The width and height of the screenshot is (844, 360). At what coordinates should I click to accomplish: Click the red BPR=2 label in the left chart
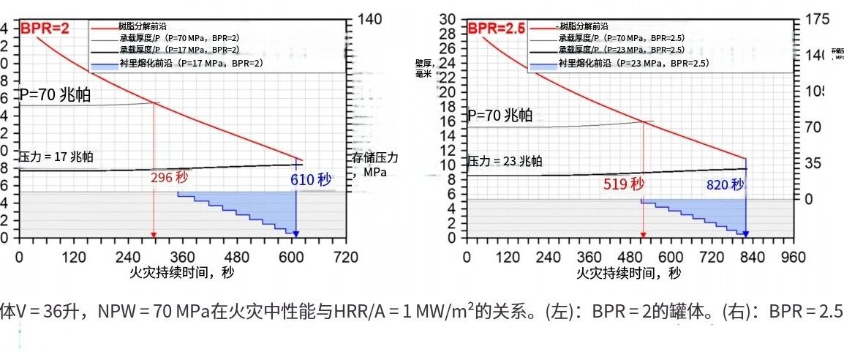(45, 29)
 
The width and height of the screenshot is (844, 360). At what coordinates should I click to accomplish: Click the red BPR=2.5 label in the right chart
(497, 29)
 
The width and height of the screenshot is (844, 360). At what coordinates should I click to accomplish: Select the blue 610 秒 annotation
(311, 180)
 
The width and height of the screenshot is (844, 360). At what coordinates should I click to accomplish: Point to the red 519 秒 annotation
(624, 184)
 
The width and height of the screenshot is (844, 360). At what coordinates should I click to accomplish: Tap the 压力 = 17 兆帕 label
(56, 156)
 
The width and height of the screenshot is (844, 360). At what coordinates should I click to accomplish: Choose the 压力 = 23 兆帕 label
(505, 161)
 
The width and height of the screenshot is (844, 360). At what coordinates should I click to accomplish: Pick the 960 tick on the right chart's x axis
(792, 257)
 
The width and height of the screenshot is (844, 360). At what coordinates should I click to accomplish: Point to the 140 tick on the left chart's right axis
(370, 20)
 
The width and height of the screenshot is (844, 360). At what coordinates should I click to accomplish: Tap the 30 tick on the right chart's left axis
(448, 19)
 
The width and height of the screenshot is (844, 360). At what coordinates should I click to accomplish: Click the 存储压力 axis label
(374, 165)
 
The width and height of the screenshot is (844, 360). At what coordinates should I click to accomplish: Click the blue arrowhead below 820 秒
(745, 234)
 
